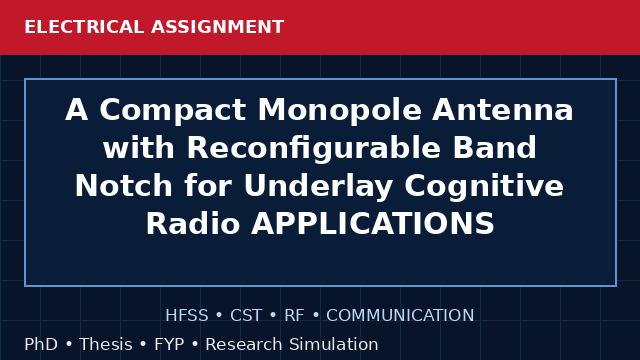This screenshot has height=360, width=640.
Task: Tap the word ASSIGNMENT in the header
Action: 217,27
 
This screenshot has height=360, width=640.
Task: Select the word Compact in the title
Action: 173,111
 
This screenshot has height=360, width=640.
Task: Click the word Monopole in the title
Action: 340,111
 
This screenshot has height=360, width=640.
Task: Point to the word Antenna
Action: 503,110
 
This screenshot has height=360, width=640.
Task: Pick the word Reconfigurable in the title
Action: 313,148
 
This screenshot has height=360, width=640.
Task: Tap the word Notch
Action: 123,185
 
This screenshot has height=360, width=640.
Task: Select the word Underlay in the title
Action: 318,187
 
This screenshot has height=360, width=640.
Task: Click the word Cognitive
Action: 484,187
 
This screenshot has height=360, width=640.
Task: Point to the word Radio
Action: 193,223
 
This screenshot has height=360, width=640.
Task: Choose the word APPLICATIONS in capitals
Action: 373,223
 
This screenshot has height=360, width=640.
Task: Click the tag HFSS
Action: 187,316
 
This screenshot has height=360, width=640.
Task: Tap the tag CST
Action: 246,316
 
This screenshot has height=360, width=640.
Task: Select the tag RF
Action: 294,316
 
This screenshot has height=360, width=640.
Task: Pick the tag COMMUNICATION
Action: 400,316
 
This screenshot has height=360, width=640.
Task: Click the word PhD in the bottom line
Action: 41,344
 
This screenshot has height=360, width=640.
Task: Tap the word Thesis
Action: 106,344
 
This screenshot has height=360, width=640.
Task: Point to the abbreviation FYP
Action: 169,344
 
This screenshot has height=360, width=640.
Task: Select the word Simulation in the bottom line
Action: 334,344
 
